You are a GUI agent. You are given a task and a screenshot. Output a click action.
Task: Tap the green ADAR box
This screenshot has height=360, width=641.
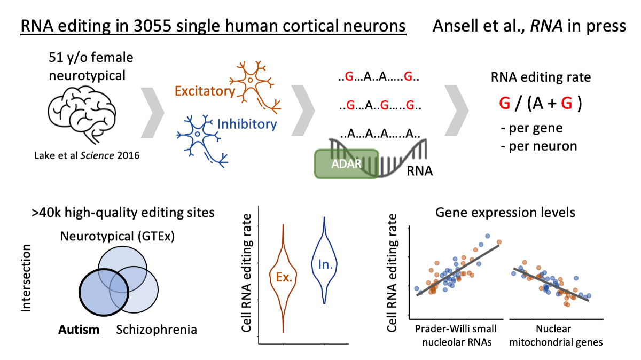(346, 163)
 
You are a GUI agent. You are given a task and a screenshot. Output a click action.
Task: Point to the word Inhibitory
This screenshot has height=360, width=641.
(247, 124)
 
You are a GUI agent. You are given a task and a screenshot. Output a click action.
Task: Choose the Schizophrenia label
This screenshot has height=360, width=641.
(157, 329)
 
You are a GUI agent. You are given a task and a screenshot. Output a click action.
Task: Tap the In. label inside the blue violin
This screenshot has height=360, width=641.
(324, 263)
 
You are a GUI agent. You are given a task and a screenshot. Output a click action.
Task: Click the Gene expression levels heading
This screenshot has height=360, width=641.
(505, 213)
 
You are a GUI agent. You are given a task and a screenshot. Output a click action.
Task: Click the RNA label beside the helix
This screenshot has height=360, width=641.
(419, 172)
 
